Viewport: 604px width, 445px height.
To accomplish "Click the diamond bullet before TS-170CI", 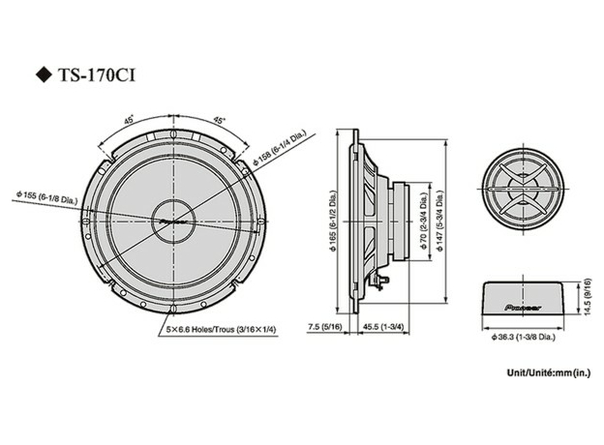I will tap(42, 74).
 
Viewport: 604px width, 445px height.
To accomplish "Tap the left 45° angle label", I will tap(129, 122).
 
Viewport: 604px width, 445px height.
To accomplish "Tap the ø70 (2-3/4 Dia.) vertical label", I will tap(423, 223).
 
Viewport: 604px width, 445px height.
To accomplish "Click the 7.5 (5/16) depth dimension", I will tap(322, 329).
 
